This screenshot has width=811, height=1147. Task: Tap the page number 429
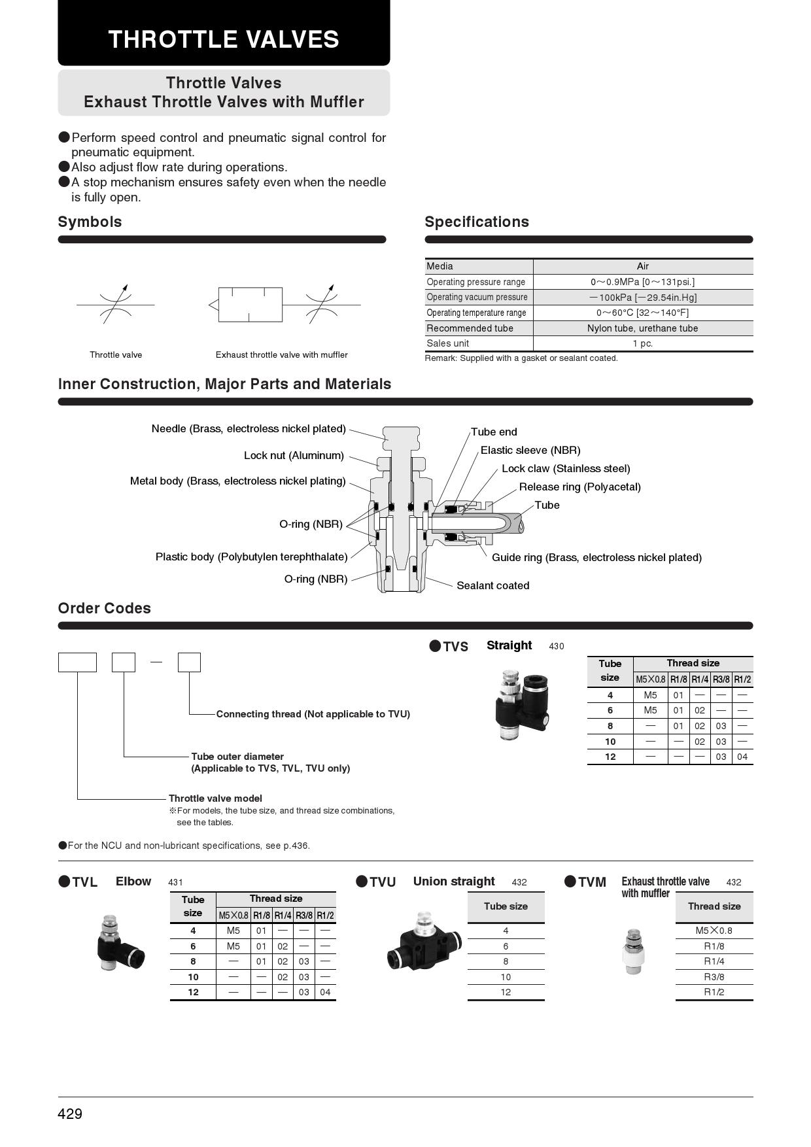[70, 1114]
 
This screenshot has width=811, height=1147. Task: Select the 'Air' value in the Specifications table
[642, 266]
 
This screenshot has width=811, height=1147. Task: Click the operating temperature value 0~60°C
[642, 313]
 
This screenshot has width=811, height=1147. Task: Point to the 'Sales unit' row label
[448, 343]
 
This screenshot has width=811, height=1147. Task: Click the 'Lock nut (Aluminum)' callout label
[294, 455]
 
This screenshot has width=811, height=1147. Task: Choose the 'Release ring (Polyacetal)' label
[579, 487]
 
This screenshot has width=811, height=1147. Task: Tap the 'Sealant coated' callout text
[492, 585]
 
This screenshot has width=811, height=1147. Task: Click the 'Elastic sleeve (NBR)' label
[530, 450]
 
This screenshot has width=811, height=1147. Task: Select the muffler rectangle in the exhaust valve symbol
[250, 304]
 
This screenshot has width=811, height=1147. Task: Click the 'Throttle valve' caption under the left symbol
[116, 354]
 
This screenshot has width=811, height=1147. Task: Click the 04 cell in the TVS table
[742, 757]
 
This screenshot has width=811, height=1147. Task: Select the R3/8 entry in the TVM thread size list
[714, 976]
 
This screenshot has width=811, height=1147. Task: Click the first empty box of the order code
[77, 662]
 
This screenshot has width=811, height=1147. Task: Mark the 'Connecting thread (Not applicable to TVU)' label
[313, 714]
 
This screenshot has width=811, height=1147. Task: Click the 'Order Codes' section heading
[105, 608]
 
